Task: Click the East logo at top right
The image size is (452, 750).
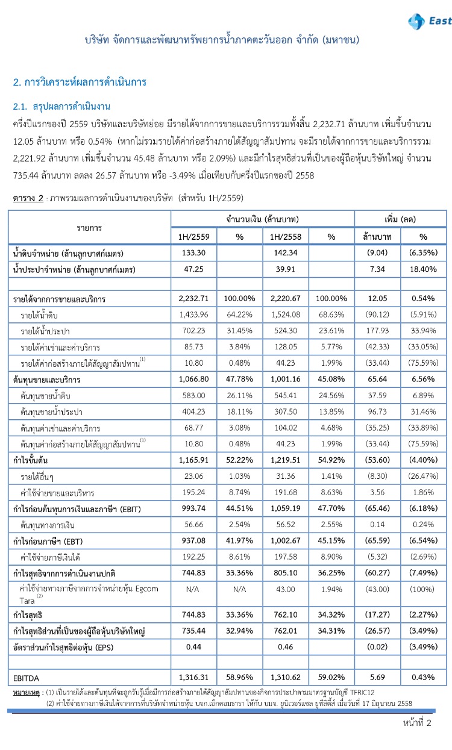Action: click(x=429, y=22)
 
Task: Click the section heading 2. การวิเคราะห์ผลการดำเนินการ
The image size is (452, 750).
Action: click(x=80, y=81)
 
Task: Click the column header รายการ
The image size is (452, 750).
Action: click(x=89, y=227)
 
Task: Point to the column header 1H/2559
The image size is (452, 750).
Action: click(x=193, y=237)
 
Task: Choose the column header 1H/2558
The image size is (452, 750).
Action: click(x=285, y=237)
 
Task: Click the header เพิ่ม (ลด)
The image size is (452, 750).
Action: click(x=400, y=218)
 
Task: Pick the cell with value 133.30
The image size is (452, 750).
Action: click(x=193, y=254)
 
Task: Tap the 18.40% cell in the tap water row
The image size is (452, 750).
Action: click(x=423, y=269)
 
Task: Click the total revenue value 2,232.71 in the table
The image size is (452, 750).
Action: click(x=193, y=298)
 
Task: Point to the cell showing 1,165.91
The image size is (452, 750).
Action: click(x=193, y=461)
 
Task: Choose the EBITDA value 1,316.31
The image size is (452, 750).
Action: click(x=193, y=678)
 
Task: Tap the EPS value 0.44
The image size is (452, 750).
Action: click(x=193, y=646)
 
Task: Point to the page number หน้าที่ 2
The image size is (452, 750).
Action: click(x=418, y=723)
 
